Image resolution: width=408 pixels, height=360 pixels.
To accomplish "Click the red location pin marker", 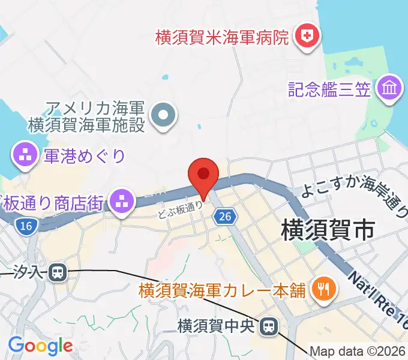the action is click(x=203, y=175).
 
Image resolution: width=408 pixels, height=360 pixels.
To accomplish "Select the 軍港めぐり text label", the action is click(x=84, y=156).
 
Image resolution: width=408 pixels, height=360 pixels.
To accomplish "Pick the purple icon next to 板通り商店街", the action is click(x=122, y=201).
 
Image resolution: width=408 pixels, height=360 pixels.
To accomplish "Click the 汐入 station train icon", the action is click(x=58, y=273).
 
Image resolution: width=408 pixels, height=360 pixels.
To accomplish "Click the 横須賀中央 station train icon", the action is click(x=269, y=326).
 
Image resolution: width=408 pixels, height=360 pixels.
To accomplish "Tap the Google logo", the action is click(x=40, y=346).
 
